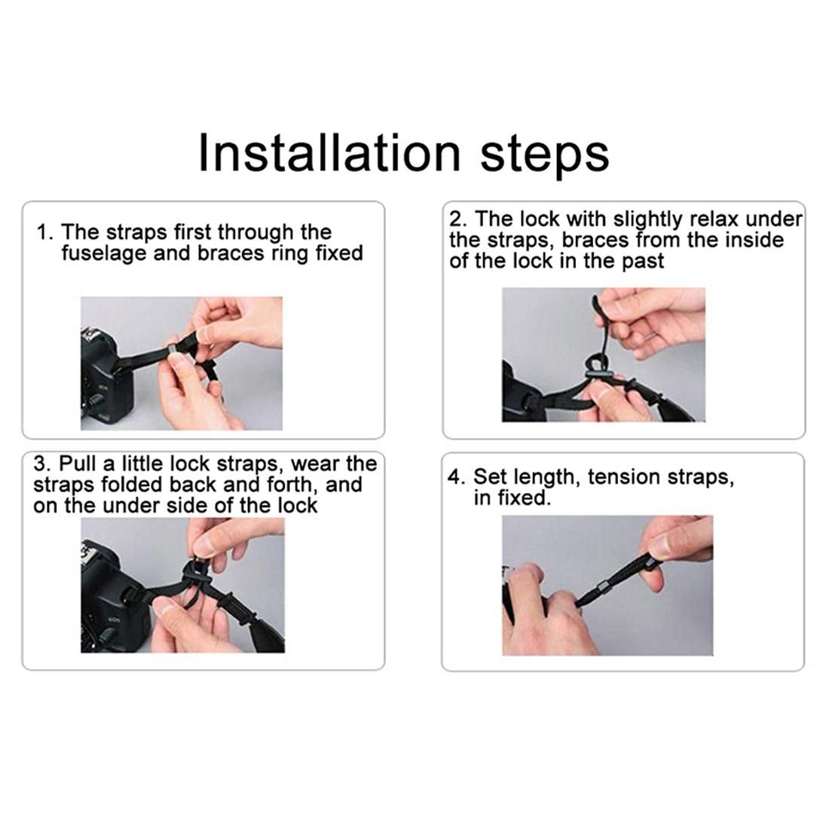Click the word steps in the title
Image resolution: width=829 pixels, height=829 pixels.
(544, 154)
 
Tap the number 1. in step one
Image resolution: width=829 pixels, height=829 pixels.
(45, 232)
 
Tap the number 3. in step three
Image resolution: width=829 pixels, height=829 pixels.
(42, 463)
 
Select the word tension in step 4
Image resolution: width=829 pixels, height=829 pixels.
(623, 477)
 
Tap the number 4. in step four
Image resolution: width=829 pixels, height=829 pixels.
(457, 477)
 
